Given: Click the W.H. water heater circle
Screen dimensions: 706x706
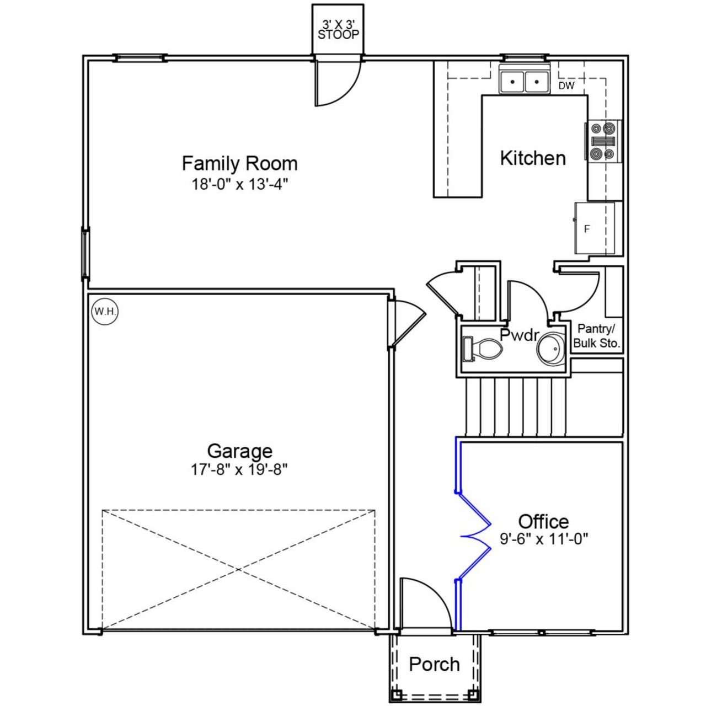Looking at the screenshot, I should (x=105, y=311).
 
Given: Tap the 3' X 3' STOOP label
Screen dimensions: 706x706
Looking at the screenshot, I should (x=338, y=30).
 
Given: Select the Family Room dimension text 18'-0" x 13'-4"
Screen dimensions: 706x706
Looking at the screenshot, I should (x=240, y=184).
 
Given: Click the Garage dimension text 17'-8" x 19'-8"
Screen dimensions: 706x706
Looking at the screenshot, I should (x=239, y=469).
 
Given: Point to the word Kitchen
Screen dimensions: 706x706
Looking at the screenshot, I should (x=533, y=158).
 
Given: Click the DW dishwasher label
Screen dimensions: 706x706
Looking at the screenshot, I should (x=566, y=86).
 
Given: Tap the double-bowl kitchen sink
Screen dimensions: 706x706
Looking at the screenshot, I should (x=524, y=82).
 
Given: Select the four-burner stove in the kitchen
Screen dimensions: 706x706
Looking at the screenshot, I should (x=603, y=141).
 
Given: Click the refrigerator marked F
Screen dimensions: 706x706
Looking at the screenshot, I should (x=595, y=228).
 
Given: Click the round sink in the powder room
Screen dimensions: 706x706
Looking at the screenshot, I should (x=552, y=349).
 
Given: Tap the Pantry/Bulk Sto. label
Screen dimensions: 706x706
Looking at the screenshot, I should (x=597, y=336).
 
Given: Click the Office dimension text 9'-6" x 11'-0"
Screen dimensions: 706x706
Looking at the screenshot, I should (x=544, y=539).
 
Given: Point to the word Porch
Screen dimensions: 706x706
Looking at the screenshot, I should (x=434, y=664).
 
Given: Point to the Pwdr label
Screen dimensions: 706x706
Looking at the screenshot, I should (x=518, y=334).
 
